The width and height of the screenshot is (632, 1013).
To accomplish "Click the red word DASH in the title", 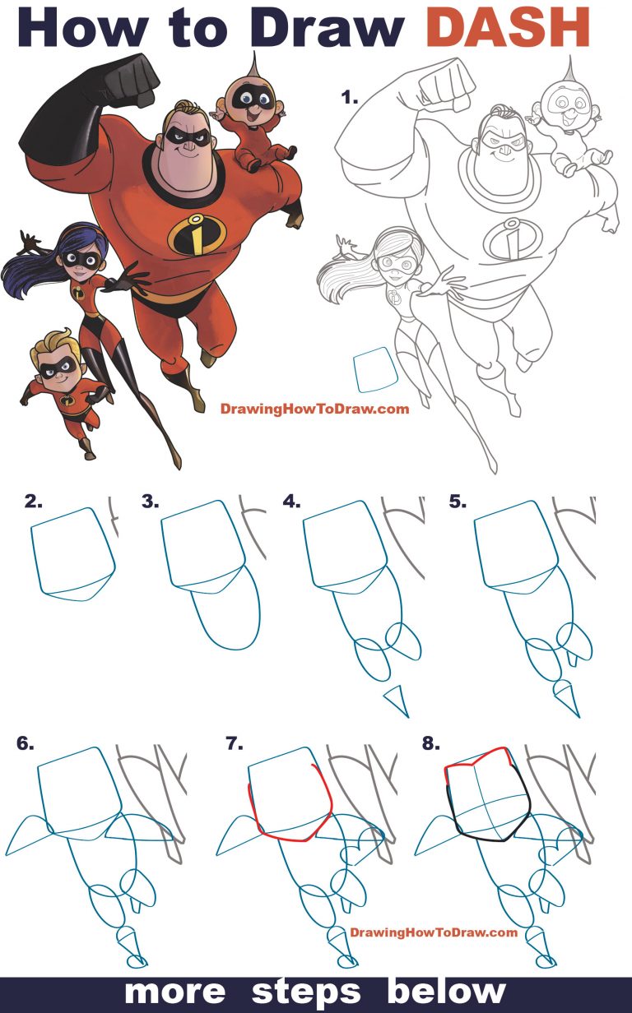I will pyautogui.click(x=510, y=29).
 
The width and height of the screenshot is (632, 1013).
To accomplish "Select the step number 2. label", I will pyautogui.click(x=34, y=500).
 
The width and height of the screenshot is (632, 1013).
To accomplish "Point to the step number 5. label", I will pyautogui.click(x=458, y=500).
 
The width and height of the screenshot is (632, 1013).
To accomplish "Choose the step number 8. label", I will pyautogui.click(x=430, y=743).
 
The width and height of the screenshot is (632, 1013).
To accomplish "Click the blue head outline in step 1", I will pyautogui.click(x=376, y=369).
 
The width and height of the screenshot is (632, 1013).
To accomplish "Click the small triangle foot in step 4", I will pyautogui.click(x=397, y=701).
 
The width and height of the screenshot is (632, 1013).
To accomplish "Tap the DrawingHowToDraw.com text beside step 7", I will pyautogui.click(x=434, y=932).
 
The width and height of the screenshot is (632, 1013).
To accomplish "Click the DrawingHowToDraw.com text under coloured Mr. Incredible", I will pyautogui.click(x=314, y=409).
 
